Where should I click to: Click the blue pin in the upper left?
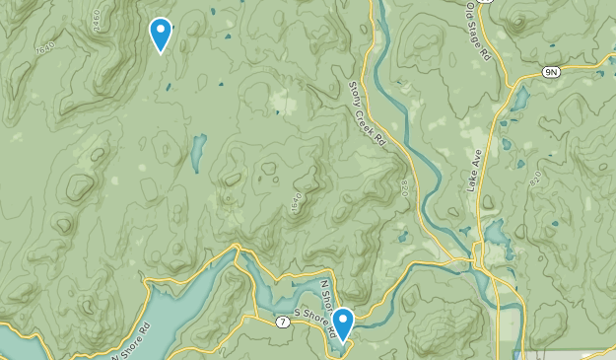[160, 35]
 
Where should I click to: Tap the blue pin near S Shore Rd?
[343, 322]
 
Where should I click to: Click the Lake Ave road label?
[474, 174]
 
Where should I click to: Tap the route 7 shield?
[282, 322]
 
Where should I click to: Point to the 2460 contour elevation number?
[96, 20]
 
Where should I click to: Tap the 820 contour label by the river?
[404, 187]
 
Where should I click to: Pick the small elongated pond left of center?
[197, 151]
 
